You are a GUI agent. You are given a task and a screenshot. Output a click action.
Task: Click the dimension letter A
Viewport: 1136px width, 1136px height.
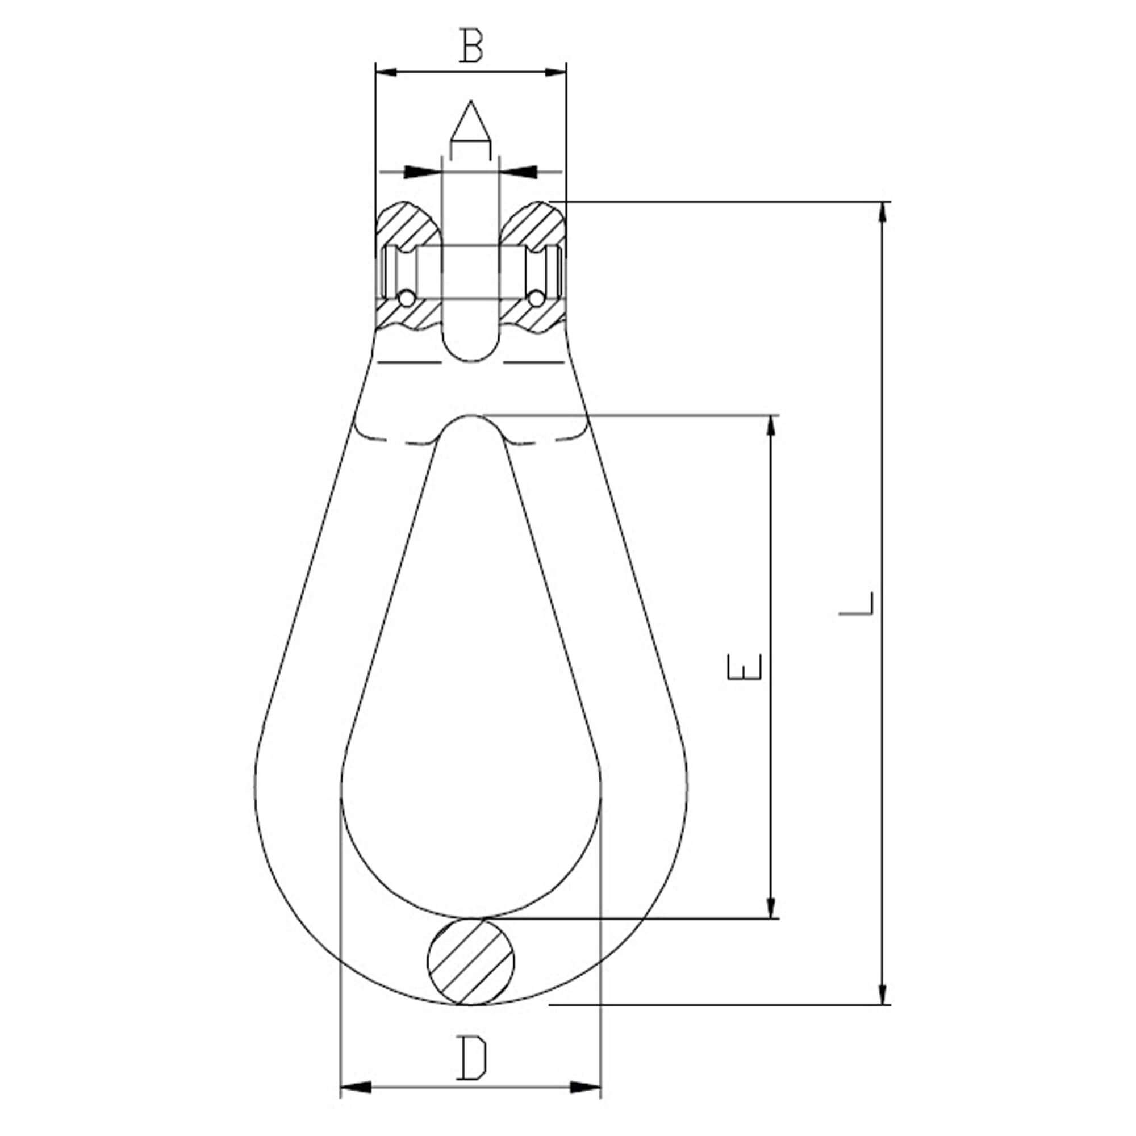click(470, 122)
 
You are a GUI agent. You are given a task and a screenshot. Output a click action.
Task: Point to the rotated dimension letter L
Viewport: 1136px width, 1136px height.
click(857, 604)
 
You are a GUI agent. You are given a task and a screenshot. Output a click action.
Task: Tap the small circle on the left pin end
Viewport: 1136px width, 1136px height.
click(406, 299)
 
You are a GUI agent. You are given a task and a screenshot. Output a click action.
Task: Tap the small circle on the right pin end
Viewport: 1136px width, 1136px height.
click(536, 299)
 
